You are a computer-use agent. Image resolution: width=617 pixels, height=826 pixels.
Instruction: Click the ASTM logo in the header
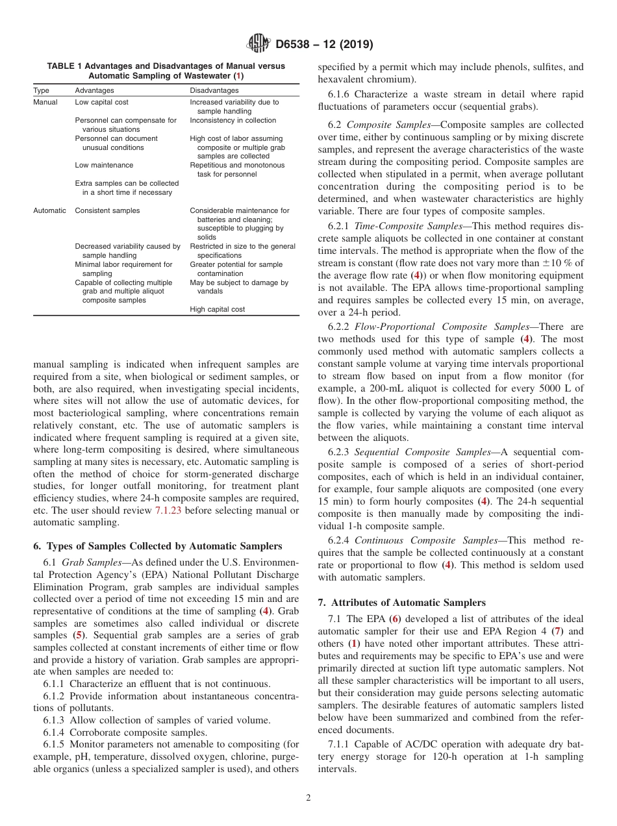pyautogui.click(x=259, y=45)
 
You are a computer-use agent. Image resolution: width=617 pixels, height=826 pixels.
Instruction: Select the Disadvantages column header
pyautogui.click(x=214, y=90)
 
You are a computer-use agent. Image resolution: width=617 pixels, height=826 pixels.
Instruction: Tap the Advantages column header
pyautogui.click(x=94, y=90)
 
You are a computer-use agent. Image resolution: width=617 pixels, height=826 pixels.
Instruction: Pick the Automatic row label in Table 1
pyautogui.click(x=49, y=210)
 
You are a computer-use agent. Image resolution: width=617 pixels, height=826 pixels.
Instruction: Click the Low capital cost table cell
pyautogui.click(x=101, y=102)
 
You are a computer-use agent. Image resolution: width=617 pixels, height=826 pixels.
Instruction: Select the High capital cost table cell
pyautogui.click(x=217, y=309)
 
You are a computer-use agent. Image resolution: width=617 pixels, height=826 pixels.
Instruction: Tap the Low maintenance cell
pyautogui.click(x=104, y=165)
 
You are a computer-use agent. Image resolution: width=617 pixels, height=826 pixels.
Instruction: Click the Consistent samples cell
pyautogui.click(x=107, y=210)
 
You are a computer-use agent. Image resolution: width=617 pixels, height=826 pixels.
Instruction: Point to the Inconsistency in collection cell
pyautogui.click(x=233, y=120)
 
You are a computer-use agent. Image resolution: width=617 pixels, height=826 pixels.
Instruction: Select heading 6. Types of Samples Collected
pyautogui.click(x=157, y=546)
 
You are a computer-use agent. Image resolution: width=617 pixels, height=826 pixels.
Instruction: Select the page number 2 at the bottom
pyautogui.click(x=308, y=798)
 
